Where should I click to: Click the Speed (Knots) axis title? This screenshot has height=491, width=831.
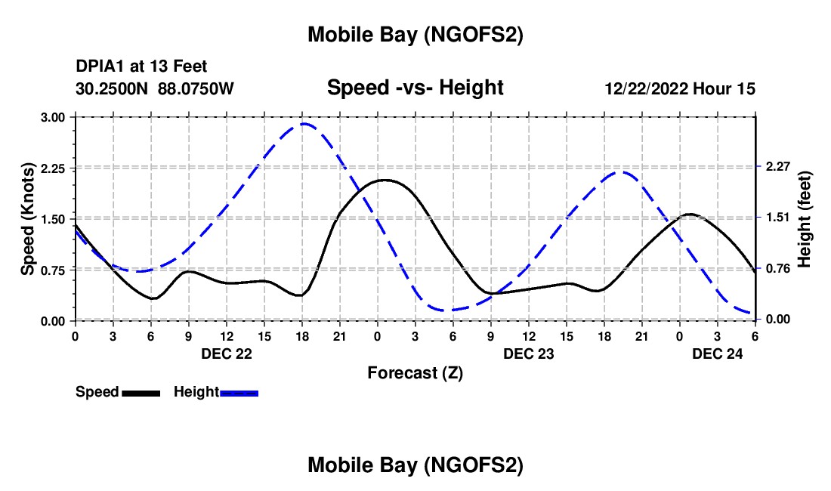(28, 219)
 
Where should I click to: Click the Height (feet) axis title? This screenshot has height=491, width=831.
(805, 219)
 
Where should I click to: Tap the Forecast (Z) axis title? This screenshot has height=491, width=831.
(415, 372)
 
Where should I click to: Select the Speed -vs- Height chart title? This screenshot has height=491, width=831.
(415, 88)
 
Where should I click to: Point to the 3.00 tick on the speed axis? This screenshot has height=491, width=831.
(53, 117)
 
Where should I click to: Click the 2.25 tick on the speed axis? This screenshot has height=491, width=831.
(53, 168)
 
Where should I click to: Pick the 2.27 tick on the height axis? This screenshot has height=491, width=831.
(777, 166)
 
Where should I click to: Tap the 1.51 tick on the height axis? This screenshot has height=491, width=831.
(777, 218)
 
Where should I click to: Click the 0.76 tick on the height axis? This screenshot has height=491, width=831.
(777, 268)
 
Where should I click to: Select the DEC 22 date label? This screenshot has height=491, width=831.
(227, 354)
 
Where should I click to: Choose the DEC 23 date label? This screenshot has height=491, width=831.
(529, 354)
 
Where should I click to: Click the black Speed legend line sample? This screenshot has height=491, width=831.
(141, 393)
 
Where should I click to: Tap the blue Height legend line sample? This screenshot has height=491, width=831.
(239, 393)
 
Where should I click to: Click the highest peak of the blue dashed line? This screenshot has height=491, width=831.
(304, 124)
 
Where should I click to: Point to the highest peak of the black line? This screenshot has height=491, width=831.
(384, 180)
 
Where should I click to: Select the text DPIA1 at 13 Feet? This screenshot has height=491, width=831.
(141, 66)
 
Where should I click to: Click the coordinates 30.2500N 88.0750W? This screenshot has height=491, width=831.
(155, 88)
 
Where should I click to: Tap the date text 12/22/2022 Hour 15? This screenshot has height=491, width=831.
(680, 88)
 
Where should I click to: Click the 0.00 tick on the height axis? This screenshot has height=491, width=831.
(777, 320)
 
